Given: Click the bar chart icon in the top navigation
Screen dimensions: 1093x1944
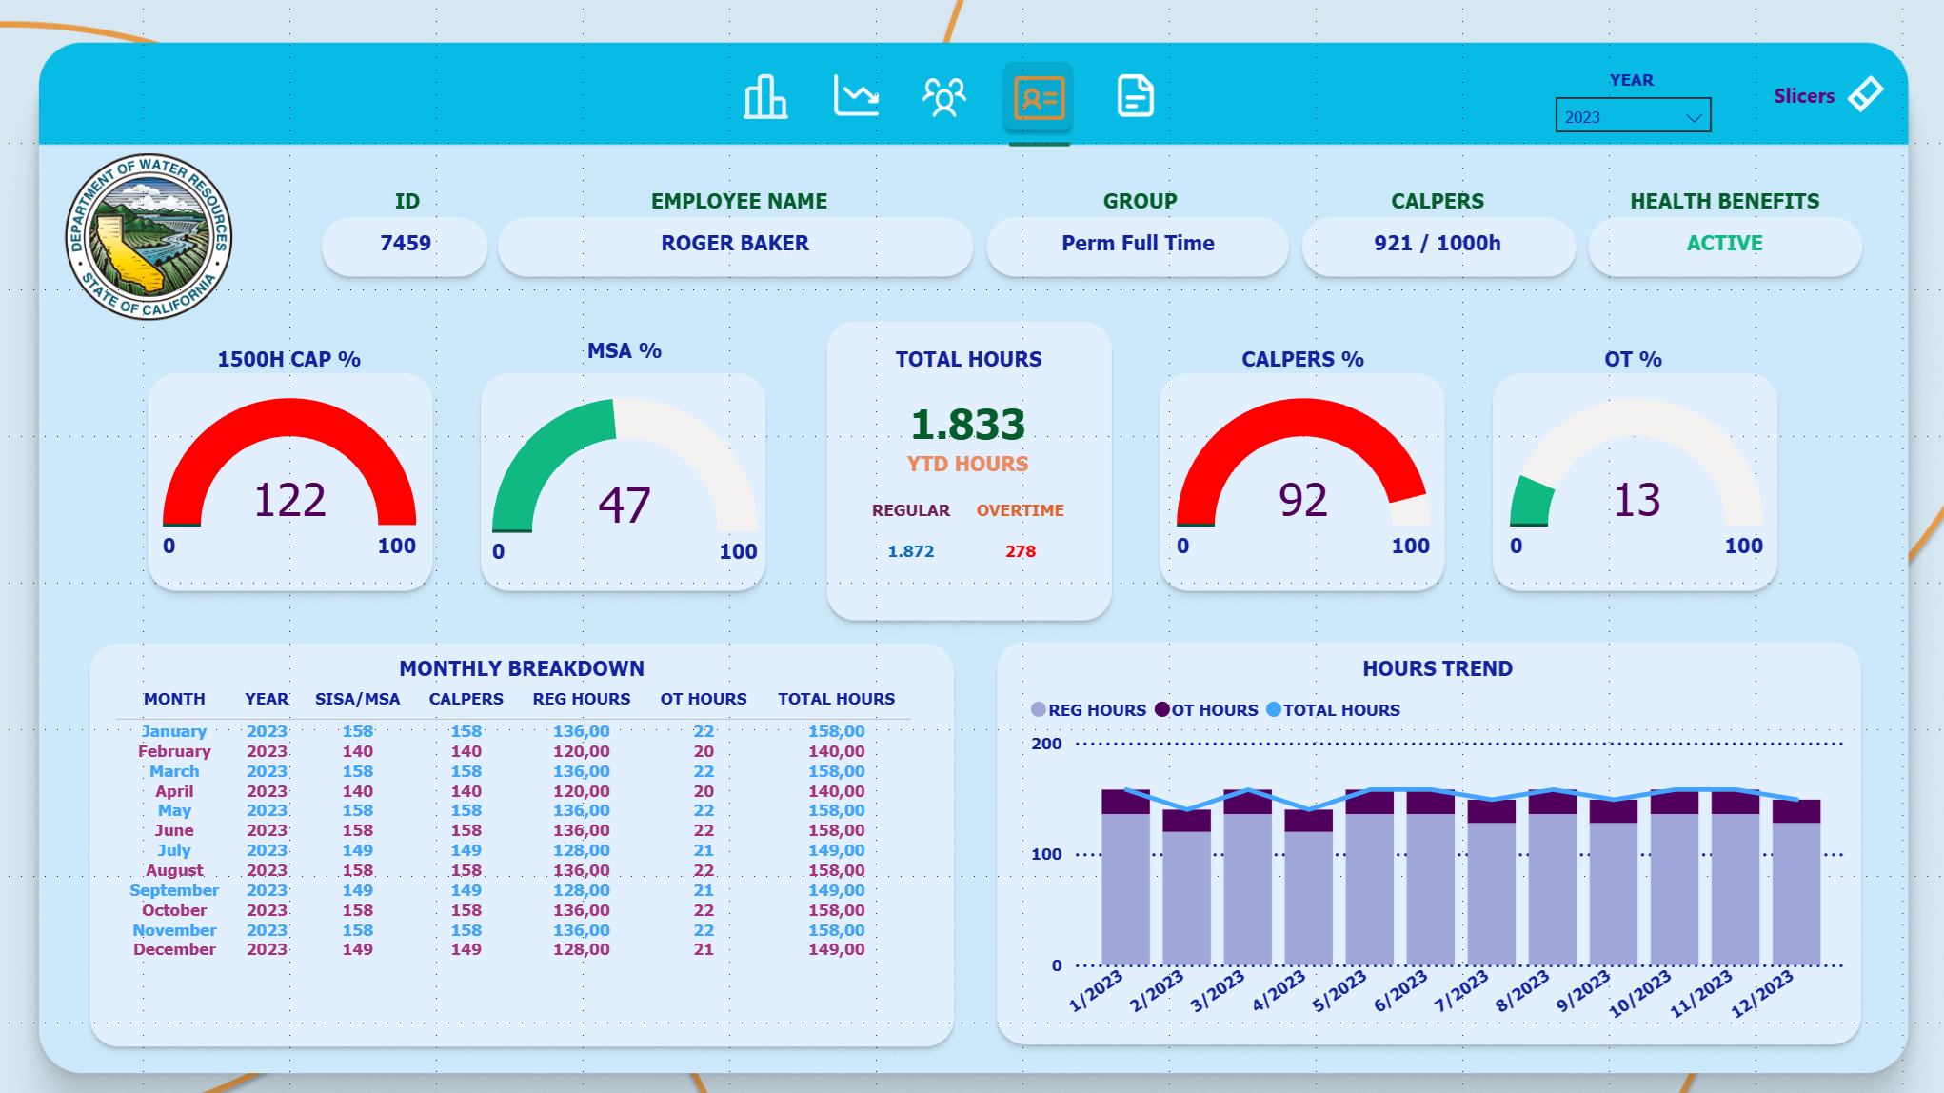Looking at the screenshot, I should point(765,97).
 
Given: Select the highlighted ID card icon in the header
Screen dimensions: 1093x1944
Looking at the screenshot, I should point(1039,97).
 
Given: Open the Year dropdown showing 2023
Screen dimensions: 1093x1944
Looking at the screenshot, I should point(1633,116).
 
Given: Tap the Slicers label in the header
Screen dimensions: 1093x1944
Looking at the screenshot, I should point(1803,96).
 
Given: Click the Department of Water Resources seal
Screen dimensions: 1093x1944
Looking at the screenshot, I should point(149,237).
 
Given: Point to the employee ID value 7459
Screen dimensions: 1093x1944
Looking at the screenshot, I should point(406,244).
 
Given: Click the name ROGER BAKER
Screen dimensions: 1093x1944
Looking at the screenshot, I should point(735,244).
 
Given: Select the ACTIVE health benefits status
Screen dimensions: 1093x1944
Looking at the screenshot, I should point(1724,244).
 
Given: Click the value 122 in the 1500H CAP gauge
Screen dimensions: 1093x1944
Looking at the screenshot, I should point(289,500).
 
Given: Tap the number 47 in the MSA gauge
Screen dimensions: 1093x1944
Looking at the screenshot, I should point(624,506).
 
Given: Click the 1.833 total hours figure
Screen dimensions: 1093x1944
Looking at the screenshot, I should point(967,425).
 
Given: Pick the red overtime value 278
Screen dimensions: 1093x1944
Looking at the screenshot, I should point(1020,551).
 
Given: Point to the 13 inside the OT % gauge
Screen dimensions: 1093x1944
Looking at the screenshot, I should point(1637,500).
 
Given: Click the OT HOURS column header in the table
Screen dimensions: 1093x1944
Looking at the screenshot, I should point(704,699).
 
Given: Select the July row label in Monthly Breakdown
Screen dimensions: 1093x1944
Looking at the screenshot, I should point(174,850).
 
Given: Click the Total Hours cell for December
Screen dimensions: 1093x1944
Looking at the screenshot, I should point(836,949).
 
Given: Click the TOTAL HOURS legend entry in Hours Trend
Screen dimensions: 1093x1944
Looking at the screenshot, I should point(1340,710).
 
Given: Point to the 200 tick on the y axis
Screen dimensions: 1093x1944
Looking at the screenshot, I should point(1046,744).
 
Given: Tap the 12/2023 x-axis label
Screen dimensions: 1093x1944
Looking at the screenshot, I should point(1761,993).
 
